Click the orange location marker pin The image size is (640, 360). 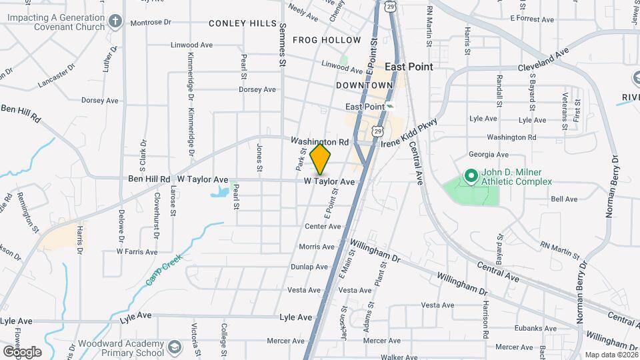[x=321, y=159]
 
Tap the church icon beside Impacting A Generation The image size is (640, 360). [x=115, y=21]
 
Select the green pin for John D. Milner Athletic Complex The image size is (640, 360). [x=471, y=176]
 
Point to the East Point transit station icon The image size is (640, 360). [x=391, y=107]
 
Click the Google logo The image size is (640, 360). [x=21, y=352]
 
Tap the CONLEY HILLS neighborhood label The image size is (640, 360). [x=242, y=23]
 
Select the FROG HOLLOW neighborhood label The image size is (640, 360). [x=327, y=40]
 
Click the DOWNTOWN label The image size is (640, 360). [x=365, y=85]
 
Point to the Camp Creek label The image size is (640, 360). [x=164, y=273]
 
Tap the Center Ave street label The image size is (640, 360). [x=323, y=227]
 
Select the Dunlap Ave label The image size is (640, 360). [x=309, y=267]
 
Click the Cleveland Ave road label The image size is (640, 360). [x=543, y=60]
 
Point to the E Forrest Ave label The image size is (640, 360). [x=534, y=19]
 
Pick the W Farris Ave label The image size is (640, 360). [x=137, y=251]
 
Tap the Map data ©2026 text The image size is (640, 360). [x=610, y=355]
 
